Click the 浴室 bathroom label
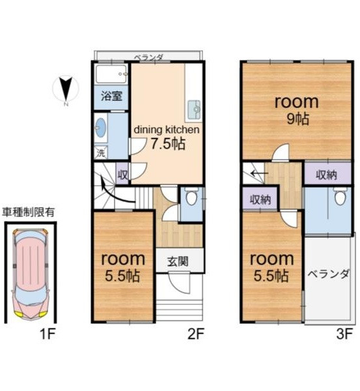pos(111,96)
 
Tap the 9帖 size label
pos(298,119)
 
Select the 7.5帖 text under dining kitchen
pos(169,144)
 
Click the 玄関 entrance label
pos(178,261)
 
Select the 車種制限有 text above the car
pos(28,212)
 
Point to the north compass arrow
pos(66,89)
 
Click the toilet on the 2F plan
pos(191,195)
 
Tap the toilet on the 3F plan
pos(340,195)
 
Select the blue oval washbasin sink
pos(101,128)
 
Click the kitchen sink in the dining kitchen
pos(195,109)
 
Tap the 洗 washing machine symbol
pos(101,152)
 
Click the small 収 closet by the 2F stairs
pos(122,174)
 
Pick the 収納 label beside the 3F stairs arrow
pos(260,199)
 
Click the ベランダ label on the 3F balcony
pos(328,274)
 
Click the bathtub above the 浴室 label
pos(111,74)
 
